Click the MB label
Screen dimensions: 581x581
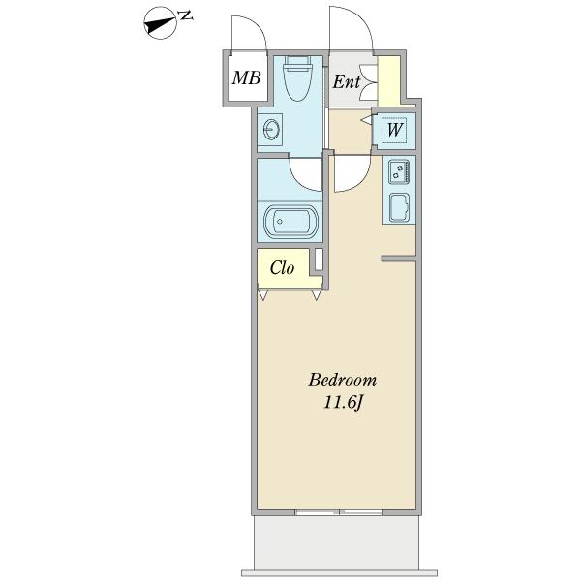coord(246,77)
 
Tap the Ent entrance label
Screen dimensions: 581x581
coord(346,81)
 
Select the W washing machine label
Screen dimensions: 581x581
coord(394,130)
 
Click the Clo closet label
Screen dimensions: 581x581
coord(282,267)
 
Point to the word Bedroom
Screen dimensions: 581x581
coord(343,381)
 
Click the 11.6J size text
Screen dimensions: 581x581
coord(343,403)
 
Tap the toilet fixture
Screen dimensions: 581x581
coord(297,78)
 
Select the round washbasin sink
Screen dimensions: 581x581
coord(271,130)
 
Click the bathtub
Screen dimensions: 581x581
coord(290,222)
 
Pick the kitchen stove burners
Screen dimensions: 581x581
coord(399,171)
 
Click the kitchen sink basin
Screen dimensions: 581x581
coord(399,208)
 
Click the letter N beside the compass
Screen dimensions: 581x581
coord(185,15)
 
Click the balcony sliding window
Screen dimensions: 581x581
coord(339,512)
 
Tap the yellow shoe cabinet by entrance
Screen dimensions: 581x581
coord(388,80)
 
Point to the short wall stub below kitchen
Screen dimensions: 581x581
coord(398,259)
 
